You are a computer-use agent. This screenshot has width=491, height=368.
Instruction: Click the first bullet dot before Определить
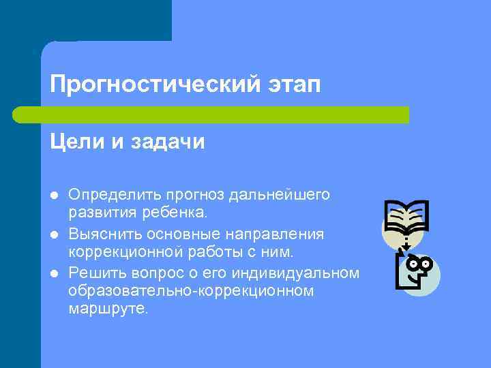[54, 196]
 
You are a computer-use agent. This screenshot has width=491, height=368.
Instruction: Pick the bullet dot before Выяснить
[54, 234]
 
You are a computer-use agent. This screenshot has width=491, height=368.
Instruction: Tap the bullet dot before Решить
[54, 274]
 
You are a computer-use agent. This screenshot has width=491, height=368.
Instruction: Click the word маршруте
[108, 309]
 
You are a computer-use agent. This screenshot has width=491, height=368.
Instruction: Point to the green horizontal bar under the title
[211, 114]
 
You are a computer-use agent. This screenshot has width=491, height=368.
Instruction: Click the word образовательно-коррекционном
[191, 291]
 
